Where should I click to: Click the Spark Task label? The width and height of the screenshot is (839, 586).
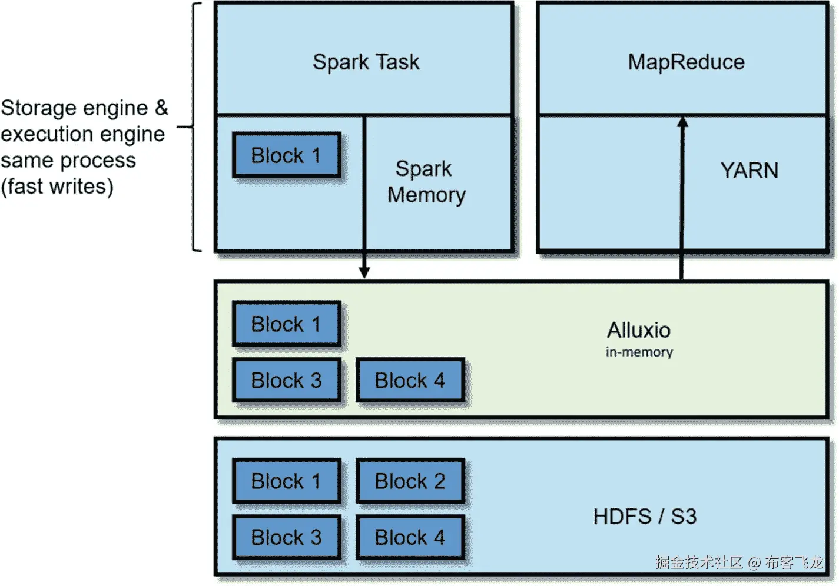[x=366, y=62]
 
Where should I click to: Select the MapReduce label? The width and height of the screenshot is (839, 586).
[x=686, y=62]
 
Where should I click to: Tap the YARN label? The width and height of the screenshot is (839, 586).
[x=749, y=171]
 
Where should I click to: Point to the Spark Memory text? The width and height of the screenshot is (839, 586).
[x=426, y=182]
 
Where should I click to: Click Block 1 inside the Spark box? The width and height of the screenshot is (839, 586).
[x=286, y=155]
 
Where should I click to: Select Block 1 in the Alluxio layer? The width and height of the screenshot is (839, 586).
[x=286, y=324]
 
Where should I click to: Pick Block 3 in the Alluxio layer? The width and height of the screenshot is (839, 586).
[x=286, y=381]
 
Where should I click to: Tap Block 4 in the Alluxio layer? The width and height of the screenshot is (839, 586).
[x=410, y=381]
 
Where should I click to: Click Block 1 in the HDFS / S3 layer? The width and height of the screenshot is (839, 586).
[x=286, y=481]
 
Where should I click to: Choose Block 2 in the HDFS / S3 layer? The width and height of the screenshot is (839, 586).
[x=410, y=481]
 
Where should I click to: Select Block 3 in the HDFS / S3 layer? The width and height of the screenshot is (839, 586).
[x=286, y=538]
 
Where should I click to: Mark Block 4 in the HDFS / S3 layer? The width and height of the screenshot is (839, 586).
[x=410, y=538]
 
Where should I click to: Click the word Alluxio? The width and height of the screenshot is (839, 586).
[x=639, y=330]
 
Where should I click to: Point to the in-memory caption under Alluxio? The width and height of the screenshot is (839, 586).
[x=639, y=352]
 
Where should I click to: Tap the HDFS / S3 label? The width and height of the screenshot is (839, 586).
[x=645, y=517]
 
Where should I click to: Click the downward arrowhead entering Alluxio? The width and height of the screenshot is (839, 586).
[x=364, y=272]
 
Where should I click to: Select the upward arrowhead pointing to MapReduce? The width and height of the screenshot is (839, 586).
[x=682, y=122]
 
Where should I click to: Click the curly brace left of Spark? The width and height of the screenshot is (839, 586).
[x=194, y=126]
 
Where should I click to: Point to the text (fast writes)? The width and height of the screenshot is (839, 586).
[x=57, y=187]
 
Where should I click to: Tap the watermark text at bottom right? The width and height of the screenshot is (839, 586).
[x=739, y=562]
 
